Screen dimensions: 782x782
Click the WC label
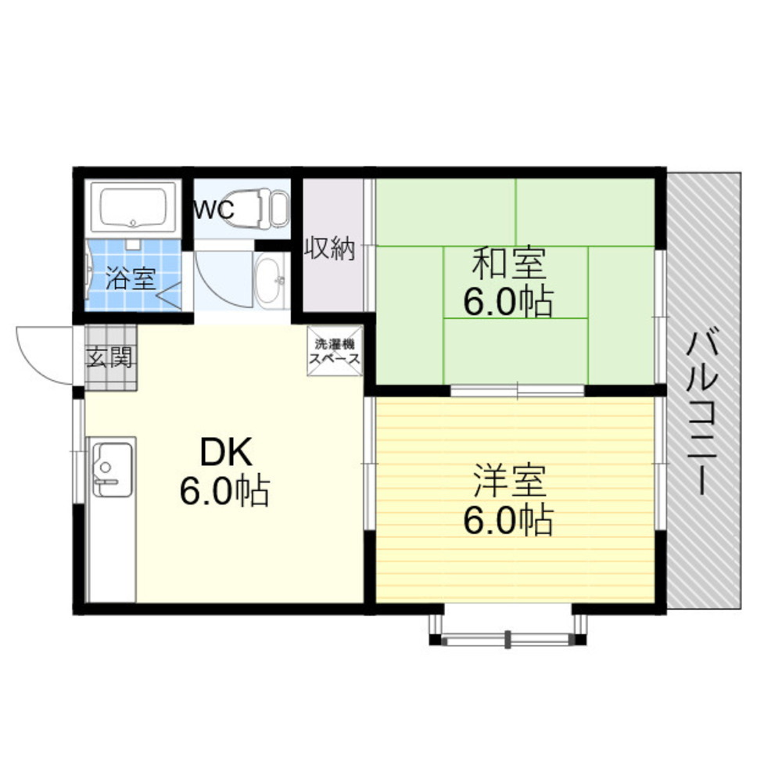[213, 210]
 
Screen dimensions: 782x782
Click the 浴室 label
[131, 278]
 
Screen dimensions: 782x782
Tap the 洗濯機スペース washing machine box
[335, 351]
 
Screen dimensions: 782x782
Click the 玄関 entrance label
[109, 357]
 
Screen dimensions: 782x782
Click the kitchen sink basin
[113, 468]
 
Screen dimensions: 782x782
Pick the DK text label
[225, 452]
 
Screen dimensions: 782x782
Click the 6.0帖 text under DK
[225, 491]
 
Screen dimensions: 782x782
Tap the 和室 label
[509, 264]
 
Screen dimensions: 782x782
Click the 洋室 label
[509, 481]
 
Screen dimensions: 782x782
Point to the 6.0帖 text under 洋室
[508, 520]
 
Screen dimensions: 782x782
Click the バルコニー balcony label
[702, 414]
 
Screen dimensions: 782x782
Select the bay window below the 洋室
[508, 626]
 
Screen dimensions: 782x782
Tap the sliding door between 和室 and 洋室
[517, 390]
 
